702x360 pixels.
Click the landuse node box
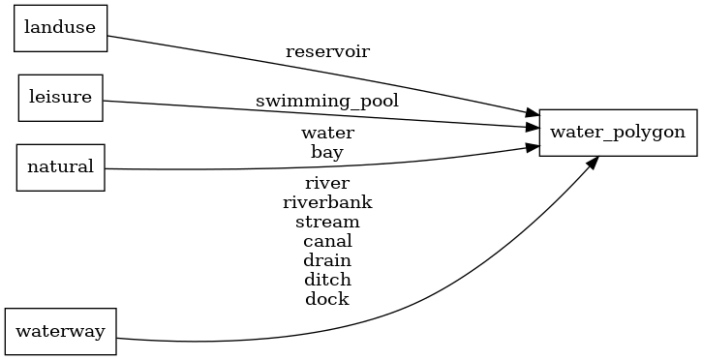pyautogui.click(x=60, y=27)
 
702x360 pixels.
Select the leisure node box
pyautogui.click(x=61, y=97)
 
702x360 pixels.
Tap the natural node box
pyautogui.click(x=60, y=166)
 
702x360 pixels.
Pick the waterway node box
pyautogui.click(x=61, y=331)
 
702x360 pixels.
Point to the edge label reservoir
pyautogui.click(x=327, y=50)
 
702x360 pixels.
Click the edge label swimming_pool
pyautogui.click(x=327, y=100)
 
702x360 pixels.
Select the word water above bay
pyautogui.click(x=327, y=132)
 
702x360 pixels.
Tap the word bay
pyautogui.click(x=327, y=151)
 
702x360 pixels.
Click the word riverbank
pyautogui.click(x=327, y=201)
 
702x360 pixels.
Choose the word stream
pyautogui.click(x=327, y=221)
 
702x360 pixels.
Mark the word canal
pyautogui.click(x=327, y=240)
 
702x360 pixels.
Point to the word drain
pyautogui.click(x=327, y=259)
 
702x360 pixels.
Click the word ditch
pyautogui.click(x=327, y=279)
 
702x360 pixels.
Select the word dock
pyautogui.click(x=327, y=298)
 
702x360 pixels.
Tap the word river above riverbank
pyautogui.click(x=327, y=182)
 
